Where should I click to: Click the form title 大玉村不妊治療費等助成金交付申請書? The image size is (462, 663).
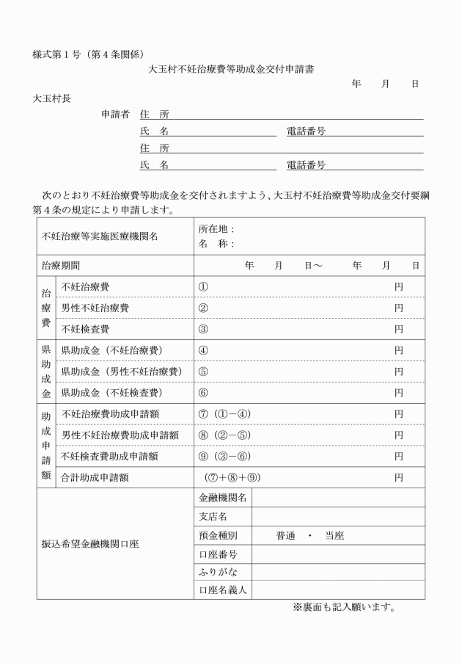point(232,69)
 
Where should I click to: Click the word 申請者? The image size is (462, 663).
point(116,115)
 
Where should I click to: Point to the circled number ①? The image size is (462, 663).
point(204,286)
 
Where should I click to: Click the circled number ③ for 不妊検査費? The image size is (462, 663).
point(204,329)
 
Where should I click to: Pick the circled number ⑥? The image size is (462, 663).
point(204,393)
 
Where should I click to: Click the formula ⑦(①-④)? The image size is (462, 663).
point(224,414)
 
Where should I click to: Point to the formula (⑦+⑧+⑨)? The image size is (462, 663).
point(233,478)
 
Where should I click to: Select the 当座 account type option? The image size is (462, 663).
point(334,536)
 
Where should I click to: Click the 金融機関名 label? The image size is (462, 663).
point(223,498)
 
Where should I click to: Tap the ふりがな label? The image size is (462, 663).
point(219,570)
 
